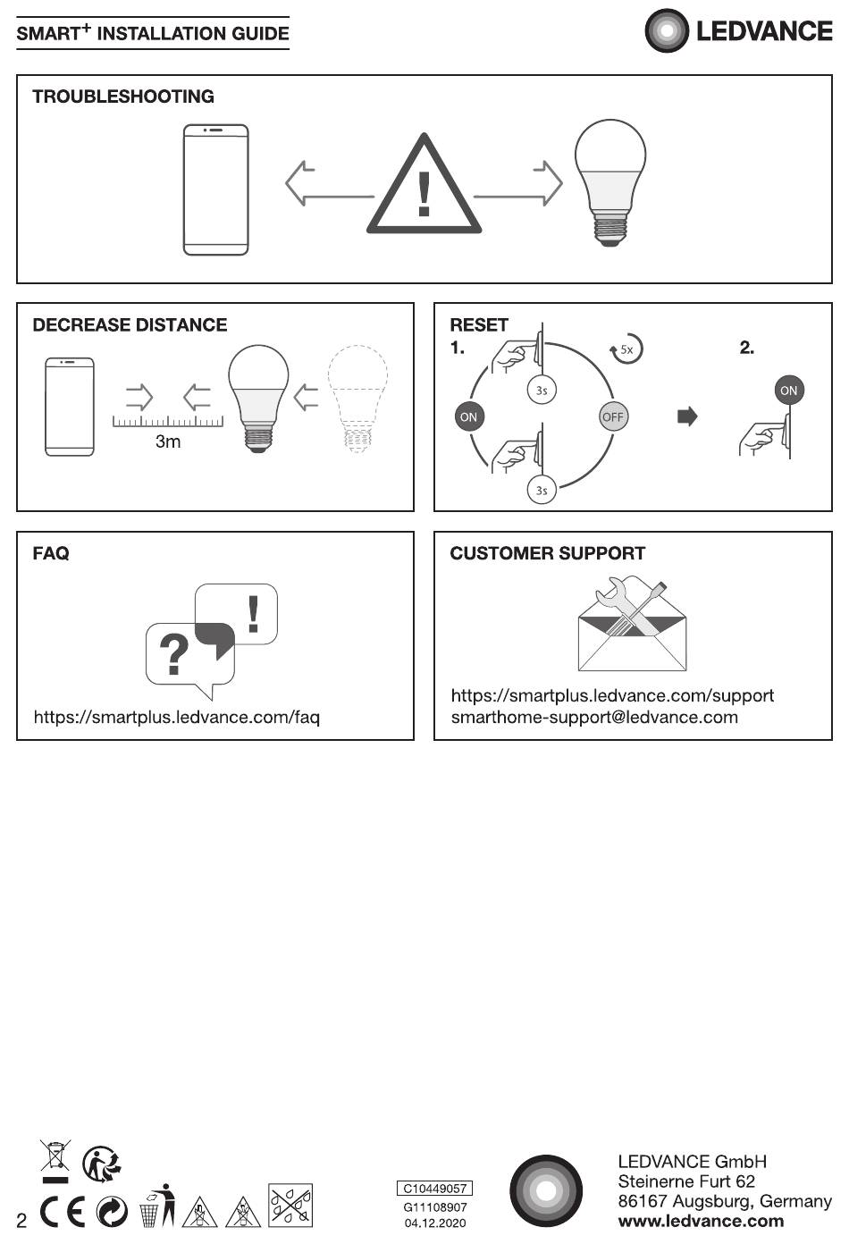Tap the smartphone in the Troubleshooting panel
216,190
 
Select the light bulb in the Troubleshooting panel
609,182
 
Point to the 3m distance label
168,441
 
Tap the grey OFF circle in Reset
613,416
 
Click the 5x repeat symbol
626,349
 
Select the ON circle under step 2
788,390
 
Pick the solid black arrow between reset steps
687,416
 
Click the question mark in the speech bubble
173,655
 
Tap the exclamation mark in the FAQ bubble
253,614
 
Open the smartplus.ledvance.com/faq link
177,717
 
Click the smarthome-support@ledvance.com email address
594,717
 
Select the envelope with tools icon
632,623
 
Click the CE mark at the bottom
63,1211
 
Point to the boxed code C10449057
434,1188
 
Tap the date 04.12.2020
434,1223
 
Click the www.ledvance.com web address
701,1221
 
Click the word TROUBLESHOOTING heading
123,97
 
